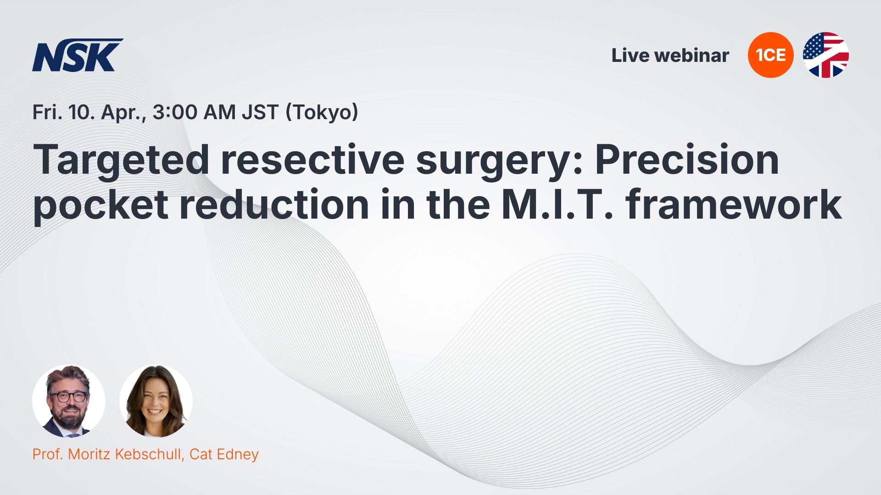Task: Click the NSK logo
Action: pos(78,55)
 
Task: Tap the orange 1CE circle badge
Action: pos(770,55)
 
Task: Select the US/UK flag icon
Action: pos(825,55)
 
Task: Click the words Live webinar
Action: pos(670,55)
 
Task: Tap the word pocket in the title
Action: pos(100,206)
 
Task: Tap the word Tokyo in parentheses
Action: pos(322,113)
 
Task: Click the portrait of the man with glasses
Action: pos(69,401)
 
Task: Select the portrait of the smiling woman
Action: pos(156,401)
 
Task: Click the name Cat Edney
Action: pos(224,454)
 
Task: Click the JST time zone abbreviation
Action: pos(260,112)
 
